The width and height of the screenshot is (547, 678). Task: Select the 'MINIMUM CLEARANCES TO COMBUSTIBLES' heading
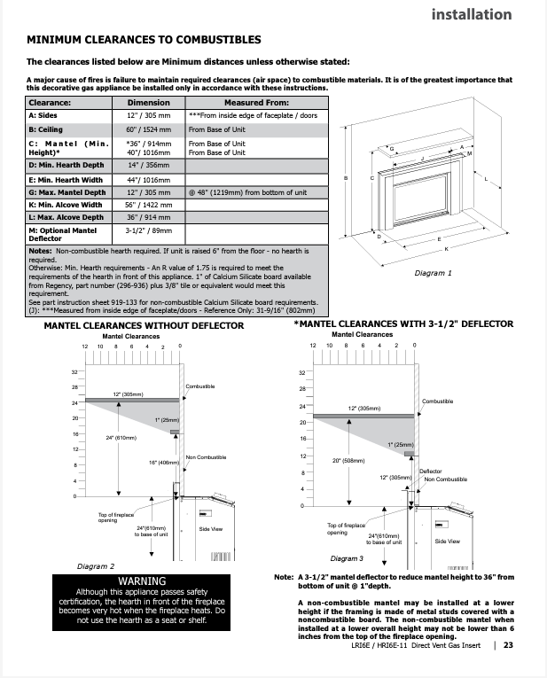pos(144,41)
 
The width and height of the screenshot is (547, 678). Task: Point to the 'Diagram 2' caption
pos(96,565)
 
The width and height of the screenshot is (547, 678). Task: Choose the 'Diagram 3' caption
pos(347,558)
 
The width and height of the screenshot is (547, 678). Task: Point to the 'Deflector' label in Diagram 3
pos(430,471)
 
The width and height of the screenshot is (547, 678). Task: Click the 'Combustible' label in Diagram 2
pos(199,386)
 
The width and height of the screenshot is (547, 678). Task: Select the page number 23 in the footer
pos(508,645)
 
